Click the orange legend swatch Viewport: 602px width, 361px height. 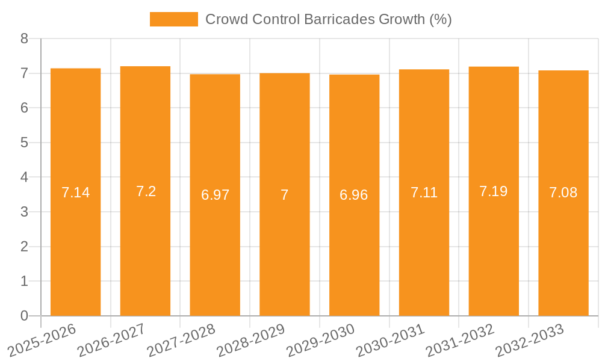pyautogui.click(x=173, y=19)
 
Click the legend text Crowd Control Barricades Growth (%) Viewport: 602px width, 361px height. pyautogui.click(x=328, y=19)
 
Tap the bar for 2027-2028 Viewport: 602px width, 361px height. pyautogui.click(x=215, y=253)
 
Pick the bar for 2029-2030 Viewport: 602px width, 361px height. pyautogui.click(x=354, y=253)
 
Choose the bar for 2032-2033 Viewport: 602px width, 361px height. pyautogui.click(x=563, y=253)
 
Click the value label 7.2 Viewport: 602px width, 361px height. pyautogui.click(x=146, y=191)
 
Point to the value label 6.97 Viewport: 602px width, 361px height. pyautogui.click(x=215, y=195)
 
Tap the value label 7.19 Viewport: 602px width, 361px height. pyautogui.click(x=493, y=191)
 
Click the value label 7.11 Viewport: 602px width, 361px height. pyautogui.click(x=424, y=193)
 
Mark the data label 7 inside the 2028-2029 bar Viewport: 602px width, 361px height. pyautogui.click(x=284, y=195)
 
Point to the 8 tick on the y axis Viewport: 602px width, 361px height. pyautogui.click(x=24, y=39)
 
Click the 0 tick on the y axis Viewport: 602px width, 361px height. pyautogui.click(x=24, y=316)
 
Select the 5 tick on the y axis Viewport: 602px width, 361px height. pyautogui.click(x=24, y=143)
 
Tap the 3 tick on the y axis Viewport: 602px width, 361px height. pyautogui.click(x=24, y=212)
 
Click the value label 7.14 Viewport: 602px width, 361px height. pyautogui.click(x=75, y=193)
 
